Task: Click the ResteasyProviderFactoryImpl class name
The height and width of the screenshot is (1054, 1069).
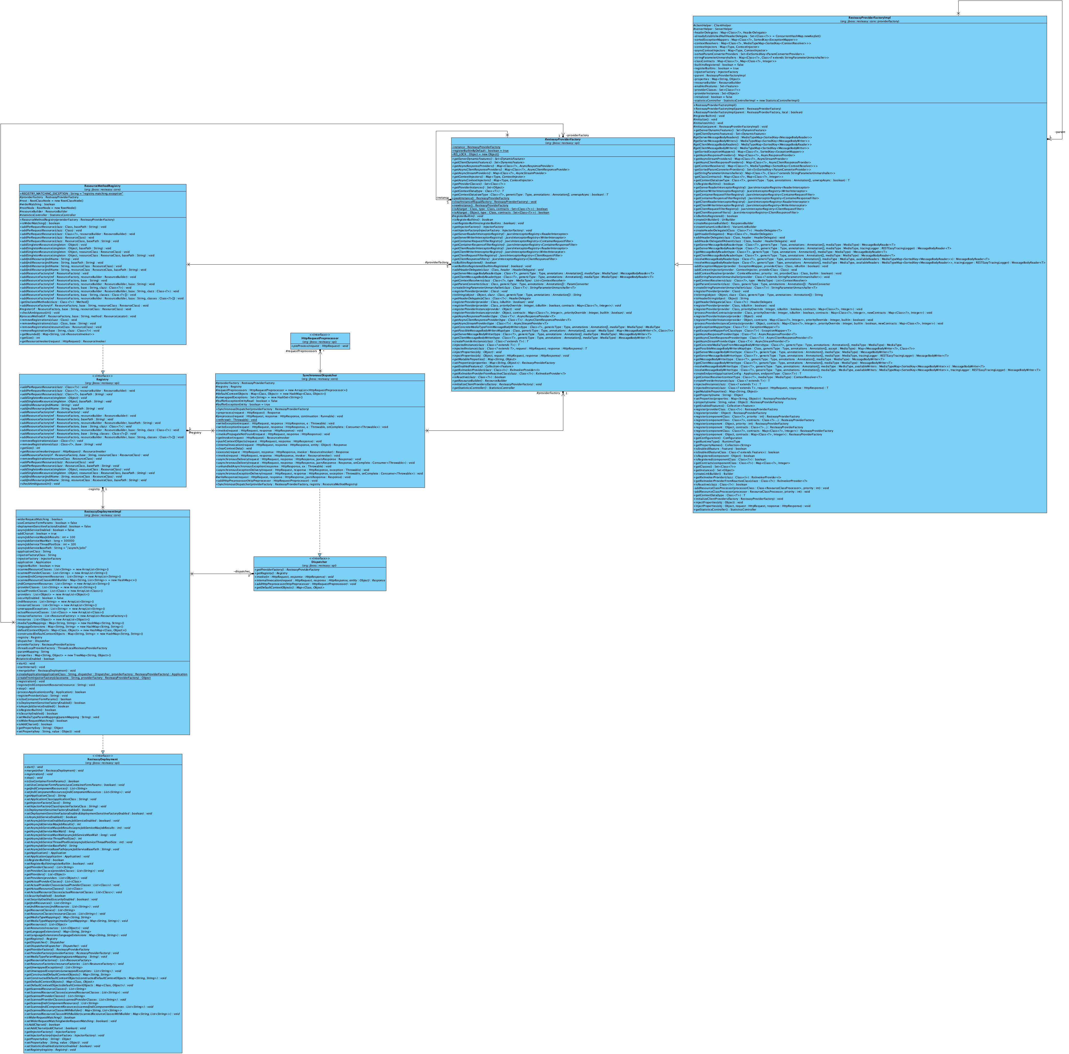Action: coord(869,18)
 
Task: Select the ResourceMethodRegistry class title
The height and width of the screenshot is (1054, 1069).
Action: coord(102,186)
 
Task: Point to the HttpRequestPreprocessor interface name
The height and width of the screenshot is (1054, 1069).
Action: coord(320,338)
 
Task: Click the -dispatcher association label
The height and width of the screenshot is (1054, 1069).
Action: coord(242,571)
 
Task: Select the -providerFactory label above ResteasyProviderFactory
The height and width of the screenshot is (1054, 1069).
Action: coord(577,135)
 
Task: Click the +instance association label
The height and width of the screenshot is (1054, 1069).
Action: coord(442,198)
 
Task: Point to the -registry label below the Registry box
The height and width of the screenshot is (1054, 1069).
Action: coord(94,489)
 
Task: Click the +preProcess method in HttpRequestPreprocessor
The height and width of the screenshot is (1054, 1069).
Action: coord(320,346)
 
